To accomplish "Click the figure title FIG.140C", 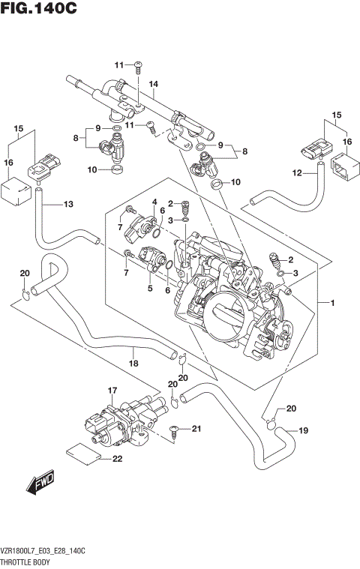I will [39, 9].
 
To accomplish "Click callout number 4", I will [153, 202].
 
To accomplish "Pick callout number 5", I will [149, 288].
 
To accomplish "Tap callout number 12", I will [297, 173].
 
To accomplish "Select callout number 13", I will [68, 204].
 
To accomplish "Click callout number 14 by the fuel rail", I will [153, 84].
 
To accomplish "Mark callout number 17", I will [113, 391].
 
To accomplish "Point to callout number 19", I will [304, 430].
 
